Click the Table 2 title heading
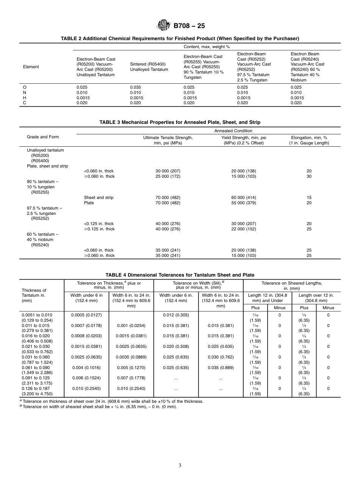(x=180, y=38)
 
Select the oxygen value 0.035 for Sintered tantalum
(x=135, y=87)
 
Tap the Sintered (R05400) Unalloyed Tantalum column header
(x=149, y=67)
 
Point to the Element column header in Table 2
(x=31, y=67)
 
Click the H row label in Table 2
(x=25, y=98)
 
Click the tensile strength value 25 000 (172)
(x=168, y=176)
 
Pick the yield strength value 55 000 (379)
(x=244, y=203)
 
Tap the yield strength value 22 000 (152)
(x=244, y=229)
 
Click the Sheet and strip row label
(x=99, y=197)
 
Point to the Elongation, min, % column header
(x=309, y=140)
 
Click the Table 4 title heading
(x=180, y=275)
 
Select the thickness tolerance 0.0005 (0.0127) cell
(x=86, y=315)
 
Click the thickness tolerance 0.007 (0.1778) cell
(x=131, y=378)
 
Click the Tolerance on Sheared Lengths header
(x=291, y=286)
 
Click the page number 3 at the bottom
(x=180, y=466)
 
